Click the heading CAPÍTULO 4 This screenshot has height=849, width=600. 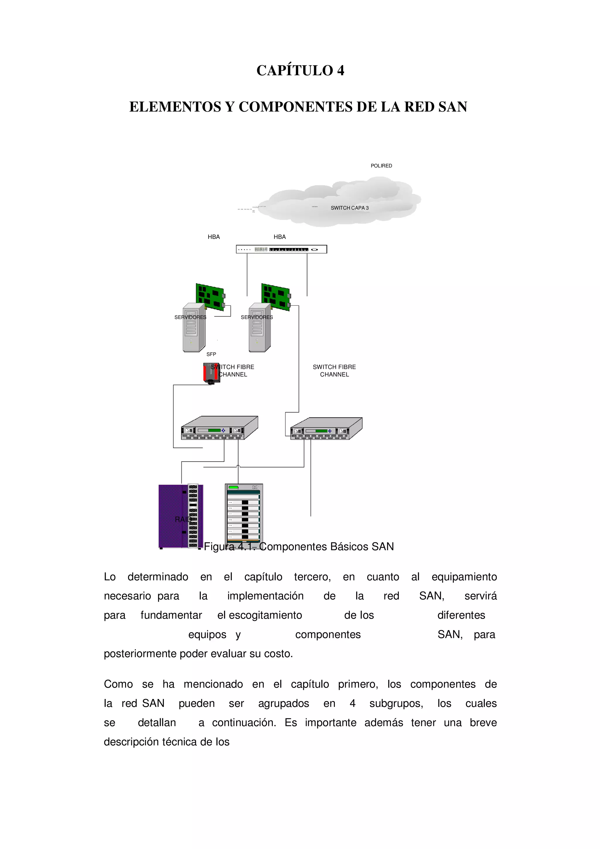point(300,70)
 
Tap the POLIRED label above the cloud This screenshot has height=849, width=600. point(381,166)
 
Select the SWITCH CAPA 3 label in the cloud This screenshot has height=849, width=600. point(349,208)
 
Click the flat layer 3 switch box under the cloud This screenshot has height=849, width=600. point(281,249)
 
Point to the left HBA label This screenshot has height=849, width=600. point(214,237)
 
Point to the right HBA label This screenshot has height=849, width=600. point(279,237)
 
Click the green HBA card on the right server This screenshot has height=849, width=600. point(275,297)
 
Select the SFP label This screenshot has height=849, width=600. point(211,354)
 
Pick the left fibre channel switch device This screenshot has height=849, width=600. point(219,428)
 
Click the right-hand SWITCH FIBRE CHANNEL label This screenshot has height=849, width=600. point(334,370)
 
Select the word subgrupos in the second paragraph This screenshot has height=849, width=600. point(396,703)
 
